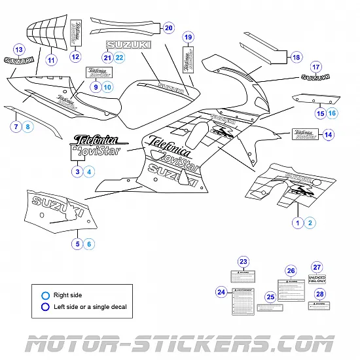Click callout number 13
pyautogui.click(x=19, y=50)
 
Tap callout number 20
pyautogui.click(x=168, y=28)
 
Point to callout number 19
pyautogui.click(x=188, y=37)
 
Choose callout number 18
pyautogui.click(x=297, y=58)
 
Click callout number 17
pyautogui.click(x=315, y=67)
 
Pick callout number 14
pyautogui.click(x=329, y=135)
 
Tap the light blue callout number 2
pyautogui.click(x=311, y=223)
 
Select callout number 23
pyautogui.click(x=243, y=262)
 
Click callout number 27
pyautogui.click(x=317, y=267)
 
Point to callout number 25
pyautogui.click(x=270, y=297)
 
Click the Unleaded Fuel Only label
pyautogui.click(x=317, y=279)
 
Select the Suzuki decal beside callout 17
pyautogui.click(x=315, y=78)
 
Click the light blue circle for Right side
pyautogui.click(x=45, y=295)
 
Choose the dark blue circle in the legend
pyautogui.click(x=45, y=306)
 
